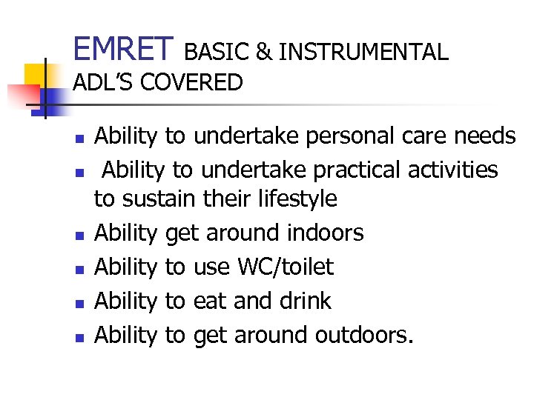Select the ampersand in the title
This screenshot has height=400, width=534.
(262, 52)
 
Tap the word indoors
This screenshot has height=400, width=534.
(324, 233)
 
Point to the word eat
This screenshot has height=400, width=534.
(210, 301)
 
